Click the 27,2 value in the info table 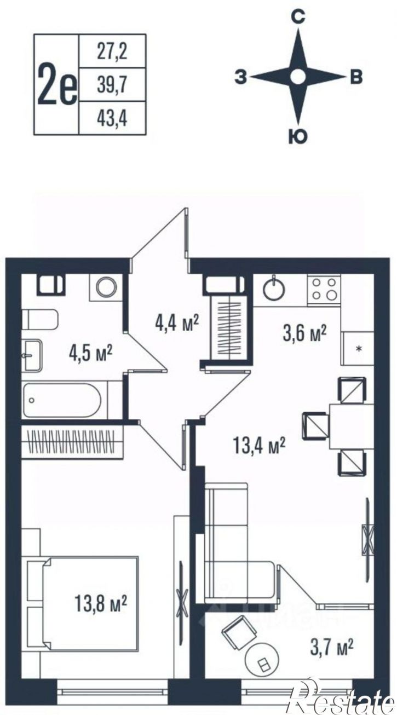click(112, 51)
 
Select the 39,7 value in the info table click(112, 85)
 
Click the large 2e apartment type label click(57, 86)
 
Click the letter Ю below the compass click(298, 137)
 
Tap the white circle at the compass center click(298, 77)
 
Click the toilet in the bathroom click(40, 320)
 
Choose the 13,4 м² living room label click(260, 445)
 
